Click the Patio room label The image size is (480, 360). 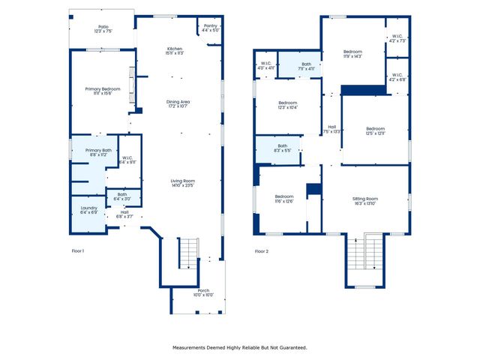point(102,30)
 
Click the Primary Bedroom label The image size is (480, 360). point(102,90)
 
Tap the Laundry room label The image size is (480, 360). point(88,211)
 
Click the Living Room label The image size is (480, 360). point(182,183)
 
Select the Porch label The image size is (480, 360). point(203,292)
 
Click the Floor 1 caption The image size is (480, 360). point(78,250)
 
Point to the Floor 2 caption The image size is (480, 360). point(262,250)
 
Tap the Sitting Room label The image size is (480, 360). point(368,201)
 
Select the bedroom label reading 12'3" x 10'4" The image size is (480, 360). point(288,105)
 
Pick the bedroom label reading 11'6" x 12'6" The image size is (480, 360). point(283,199)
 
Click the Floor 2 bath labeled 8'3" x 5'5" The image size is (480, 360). point(282,148)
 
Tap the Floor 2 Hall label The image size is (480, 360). point(331,129)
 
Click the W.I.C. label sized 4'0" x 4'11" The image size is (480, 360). point(265,65)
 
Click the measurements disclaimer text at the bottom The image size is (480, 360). point(240,347)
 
